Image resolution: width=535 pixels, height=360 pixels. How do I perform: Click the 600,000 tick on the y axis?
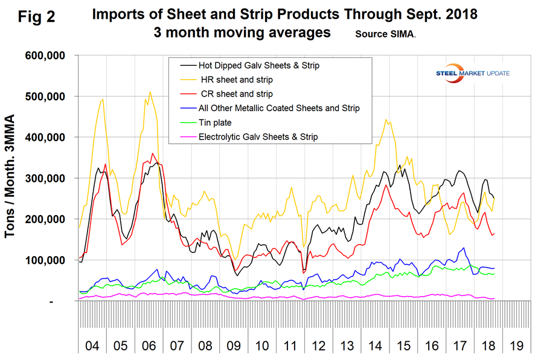point(46,56)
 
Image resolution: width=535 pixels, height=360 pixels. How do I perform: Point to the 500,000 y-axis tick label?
point(46,97)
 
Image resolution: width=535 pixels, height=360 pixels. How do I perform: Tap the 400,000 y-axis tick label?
point(46,138)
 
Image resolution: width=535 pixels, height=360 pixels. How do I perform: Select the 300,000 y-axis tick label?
point(46,179)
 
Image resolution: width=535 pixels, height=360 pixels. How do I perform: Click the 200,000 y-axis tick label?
point(46,219)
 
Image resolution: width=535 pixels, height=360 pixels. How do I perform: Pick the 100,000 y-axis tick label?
point(46,260)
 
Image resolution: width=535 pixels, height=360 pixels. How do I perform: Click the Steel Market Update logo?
point(467,72)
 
